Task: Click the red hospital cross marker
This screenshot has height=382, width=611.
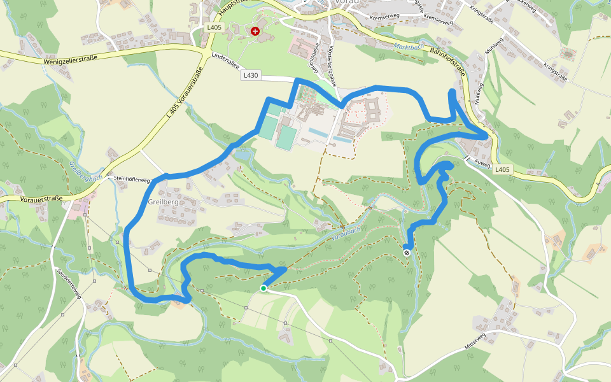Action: (x=255, y=31)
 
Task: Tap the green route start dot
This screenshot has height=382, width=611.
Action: (x=263, y=288)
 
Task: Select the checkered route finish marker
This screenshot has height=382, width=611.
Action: (x=407, y=253)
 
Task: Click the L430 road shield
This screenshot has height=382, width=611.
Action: (x=251, y=75)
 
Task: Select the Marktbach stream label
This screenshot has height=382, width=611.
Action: (x=408, y=46)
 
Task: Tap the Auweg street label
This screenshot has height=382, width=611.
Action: (x=482, y=163)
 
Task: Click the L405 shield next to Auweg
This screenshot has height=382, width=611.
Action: (x=503, y=169)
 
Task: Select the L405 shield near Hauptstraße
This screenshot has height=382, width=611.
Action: (x=213, y=27)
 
